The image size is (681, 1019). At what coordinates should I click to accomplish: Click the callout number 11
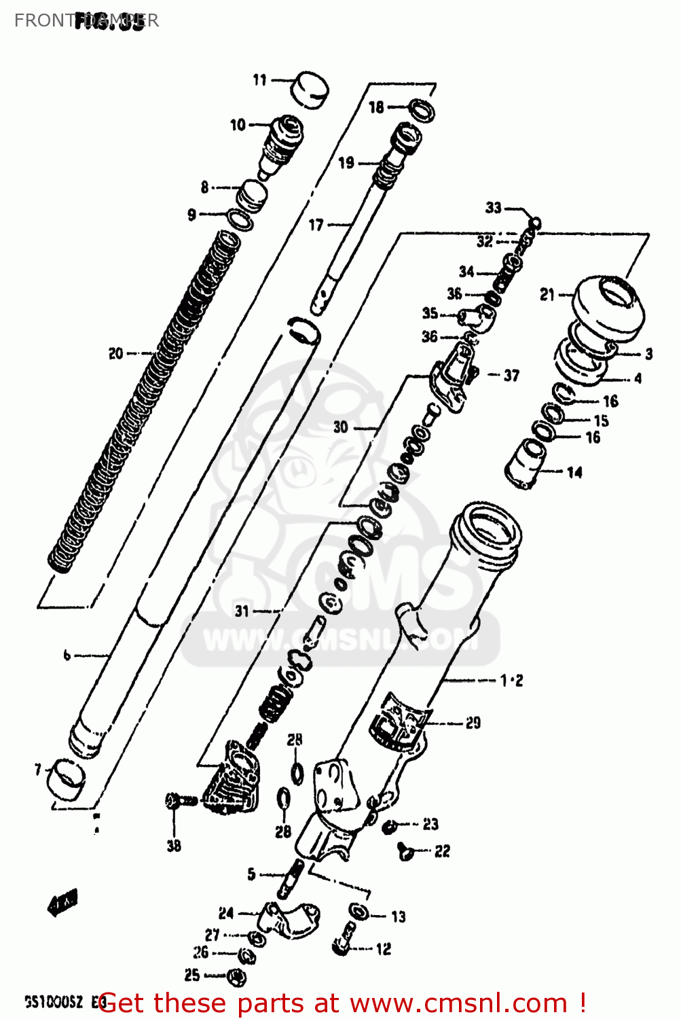259,80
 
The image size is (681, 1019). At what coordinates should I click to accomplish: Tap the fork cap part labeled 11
310,89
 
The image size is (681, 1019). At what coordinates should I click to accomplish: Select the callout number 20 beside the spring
116,353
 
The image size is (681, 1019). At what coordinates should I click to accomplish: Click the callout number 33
494,208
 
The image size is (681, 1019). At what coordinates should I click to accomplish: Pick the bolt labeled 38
181,801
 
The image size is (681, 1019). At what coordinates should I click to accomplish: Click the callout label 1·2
512,680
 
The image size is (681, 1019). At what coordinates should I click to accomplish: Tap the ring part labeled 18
422,109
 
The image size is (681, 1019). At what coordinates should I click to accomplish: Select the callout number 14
574,471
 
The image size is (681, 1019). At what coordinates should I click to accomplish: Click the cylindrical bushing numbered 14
525,463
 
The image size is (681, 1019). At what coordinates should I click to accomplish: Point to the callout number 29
473,723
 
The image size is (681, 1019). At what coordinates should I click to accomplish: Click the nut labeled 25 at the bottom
237,977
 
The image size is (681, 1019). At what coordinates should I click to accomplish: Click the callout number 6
67,655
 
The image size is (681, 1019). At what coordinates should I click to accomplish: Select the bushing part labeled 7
65,779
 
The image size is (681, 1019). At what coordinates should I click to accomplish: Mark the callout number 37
511,375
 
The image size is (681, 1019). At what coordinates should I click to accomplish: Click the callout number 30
340,427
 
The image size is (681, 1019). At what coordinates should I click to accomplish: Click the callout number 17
316,224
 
